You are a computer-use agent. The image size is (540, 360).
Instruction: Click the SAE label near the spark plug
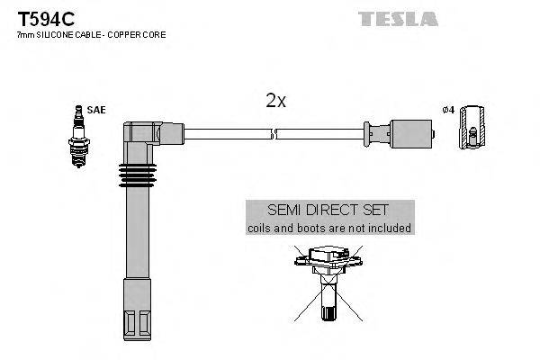(x=96, y=110)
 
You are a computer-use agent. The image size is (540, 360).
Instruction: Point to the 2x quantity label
(x=275, y=101)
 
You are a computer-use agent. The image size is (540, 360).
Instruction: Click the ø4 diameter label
(x=447, y=110)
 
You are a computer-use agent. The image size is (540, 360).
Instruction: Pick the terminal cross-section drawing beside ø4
(x=470, y=130)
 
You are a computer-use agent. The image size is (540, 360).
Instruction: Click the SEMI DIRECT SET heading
(x=329, y=210)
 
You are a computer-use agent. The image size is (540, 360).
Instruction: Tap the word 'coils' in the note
(x=261, y=229)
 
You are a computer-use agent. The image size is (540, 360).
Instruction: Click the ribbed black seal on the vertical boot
(x=135, y=175)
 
